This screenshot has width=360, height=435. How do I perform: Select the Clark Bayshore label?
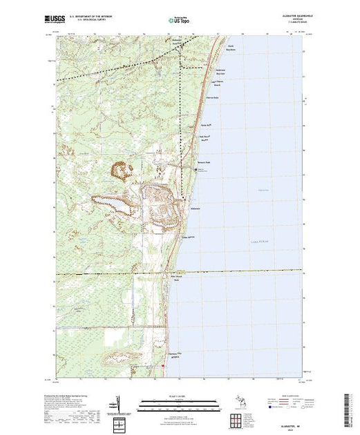pos(231,50)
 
